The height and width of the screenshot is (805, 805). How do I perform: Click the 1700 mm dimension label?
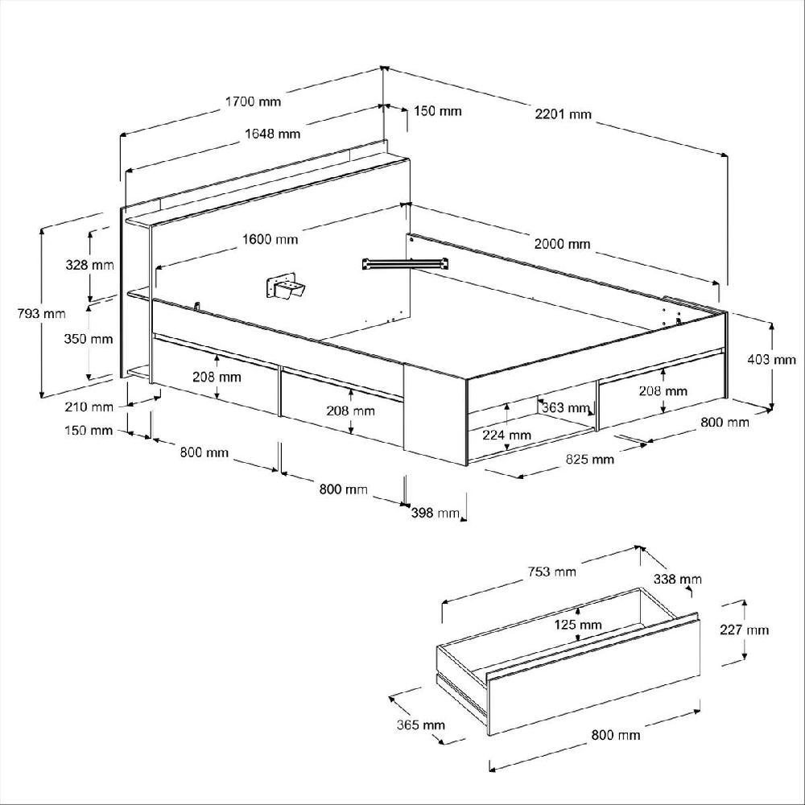(253, 101)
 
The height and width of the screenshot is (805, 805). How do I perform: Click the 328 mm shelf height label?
(89, 265)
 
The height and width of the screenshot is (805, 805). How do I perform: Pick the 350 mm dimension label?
(89, 339)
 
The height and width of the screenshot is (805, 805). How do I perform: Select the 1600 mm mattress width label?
(270, 239)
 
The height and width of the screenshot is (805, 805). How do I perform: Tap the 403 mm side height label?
(773, 360)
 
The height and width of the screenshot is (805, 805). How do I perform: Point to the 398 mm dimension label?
(434, 513)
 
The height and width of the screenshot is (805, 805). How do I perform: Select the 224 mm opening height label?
(507, 435)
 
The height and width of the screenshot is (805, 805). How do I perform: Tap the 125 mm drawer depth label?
(578, 625)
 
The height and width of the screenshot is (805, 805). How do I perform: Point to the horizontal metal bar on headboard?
(406, 262)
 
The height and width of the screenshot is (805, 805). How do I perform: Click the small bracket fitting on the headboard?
(284, 287)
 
